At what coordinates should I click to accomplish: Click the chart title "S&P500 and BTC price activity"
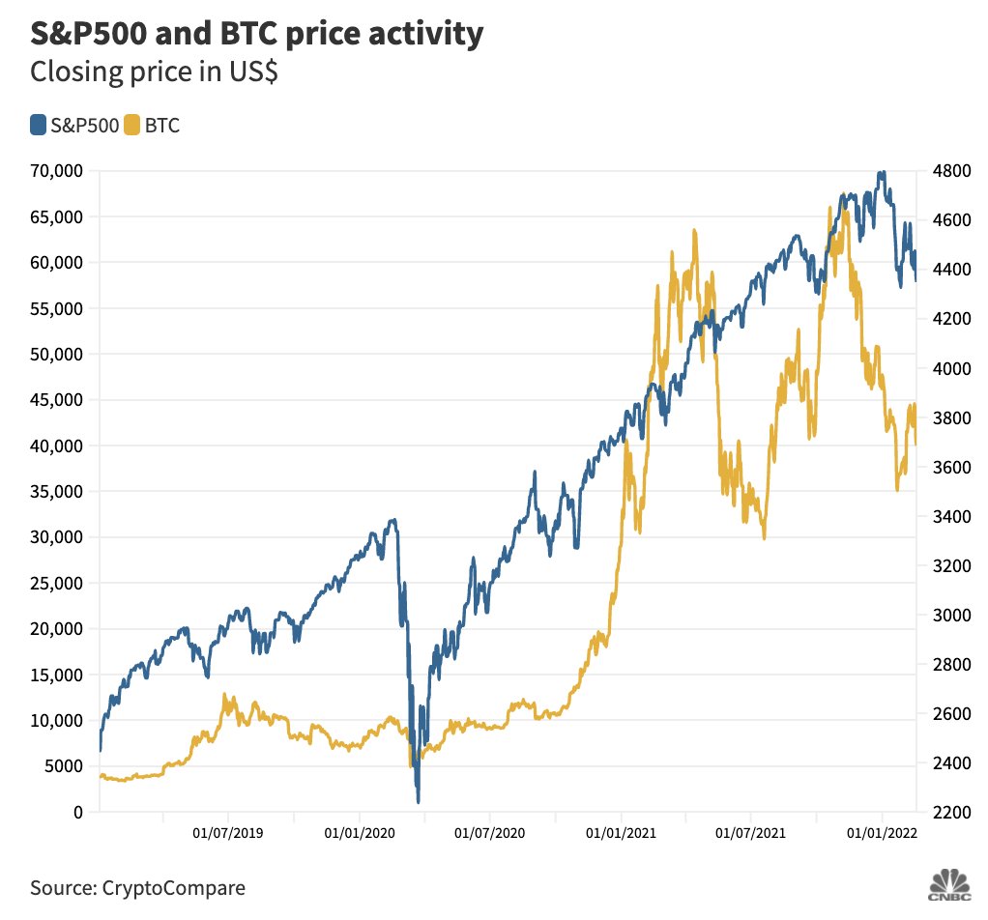pyautogui.click(x=256, y=34)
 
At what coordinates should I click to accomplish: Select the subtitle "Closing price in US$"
pyautogui.click(x=155, y=72)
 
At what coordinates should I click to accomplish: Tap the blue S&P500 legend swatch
pyautogui.click(x=38, y=125)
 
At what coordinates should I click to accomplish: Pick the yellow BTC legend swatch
pyautogui.click(x=131, y=125)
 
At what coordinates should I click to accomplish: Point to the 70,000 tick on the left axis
pyautogui.click(x=55, y=171)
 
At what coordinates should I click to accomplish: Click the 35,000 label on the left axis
pyautogui.click(x=55, y=492)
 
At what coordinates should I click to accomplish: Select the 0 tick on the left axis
pyautogui.click(x=77, y=813)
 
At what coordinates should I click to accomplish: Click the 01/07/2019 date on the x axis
pyautogui.click(x=227, y=832)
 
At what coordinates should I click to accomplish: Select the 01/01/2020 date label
pyautogui.click(x=359, y=832)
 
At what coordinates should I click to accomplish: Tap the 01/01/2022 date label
pyautogui.click(x=882, y=832)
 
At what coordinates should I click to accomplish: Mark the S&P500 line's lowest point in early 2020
pyautogui.click(x=418, y=801)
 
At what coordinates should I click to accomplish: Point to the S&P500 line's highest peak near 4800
pyautogui.click(x=880, y=173)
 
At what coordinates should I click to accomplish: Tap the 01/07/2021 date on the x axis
pyautogui.click(x=750, y=832)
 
